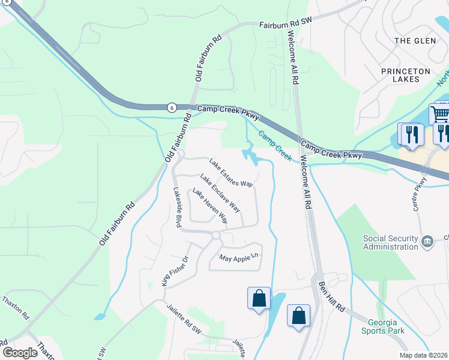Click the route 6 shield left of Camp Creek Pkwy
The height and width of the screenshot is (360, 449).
pyautogui.click(x=172, y=107)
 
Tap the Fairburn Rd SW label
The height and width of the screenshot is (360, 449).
pyautogui.click(x=286, y=25)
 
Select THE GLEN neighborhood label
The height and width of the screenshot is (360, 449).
pyautogui.click(x=411, y=40)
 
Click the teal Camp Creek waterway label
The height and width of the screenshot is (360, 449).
pyautogui.click(x=276, y=146)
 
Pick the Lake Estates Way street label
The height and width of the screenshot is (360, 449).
pyautogui.click(x=231, y=172)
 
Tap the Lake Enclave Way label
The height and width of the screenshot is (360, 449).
pyautogui.click(x=220, y=193)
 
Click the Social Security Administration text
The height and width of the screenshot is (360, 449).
pyautogui.click(x=390, y=242)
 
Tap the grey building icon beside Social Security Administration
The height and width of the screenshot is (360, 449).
pyautogui.click(x=427, y=242)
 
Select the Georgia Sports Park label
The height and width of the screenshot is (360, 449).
pyautogui.click(x=382, y=326)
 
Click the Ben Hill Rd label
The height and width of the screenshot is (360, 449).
pyautogui.click(x=331, y=296)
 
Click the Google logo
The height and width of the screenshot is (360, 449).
pyautogui.click(x=20, y=352)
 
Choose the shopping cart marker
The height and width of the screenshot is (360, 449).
pyautogui.click(x=440, y=113)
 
